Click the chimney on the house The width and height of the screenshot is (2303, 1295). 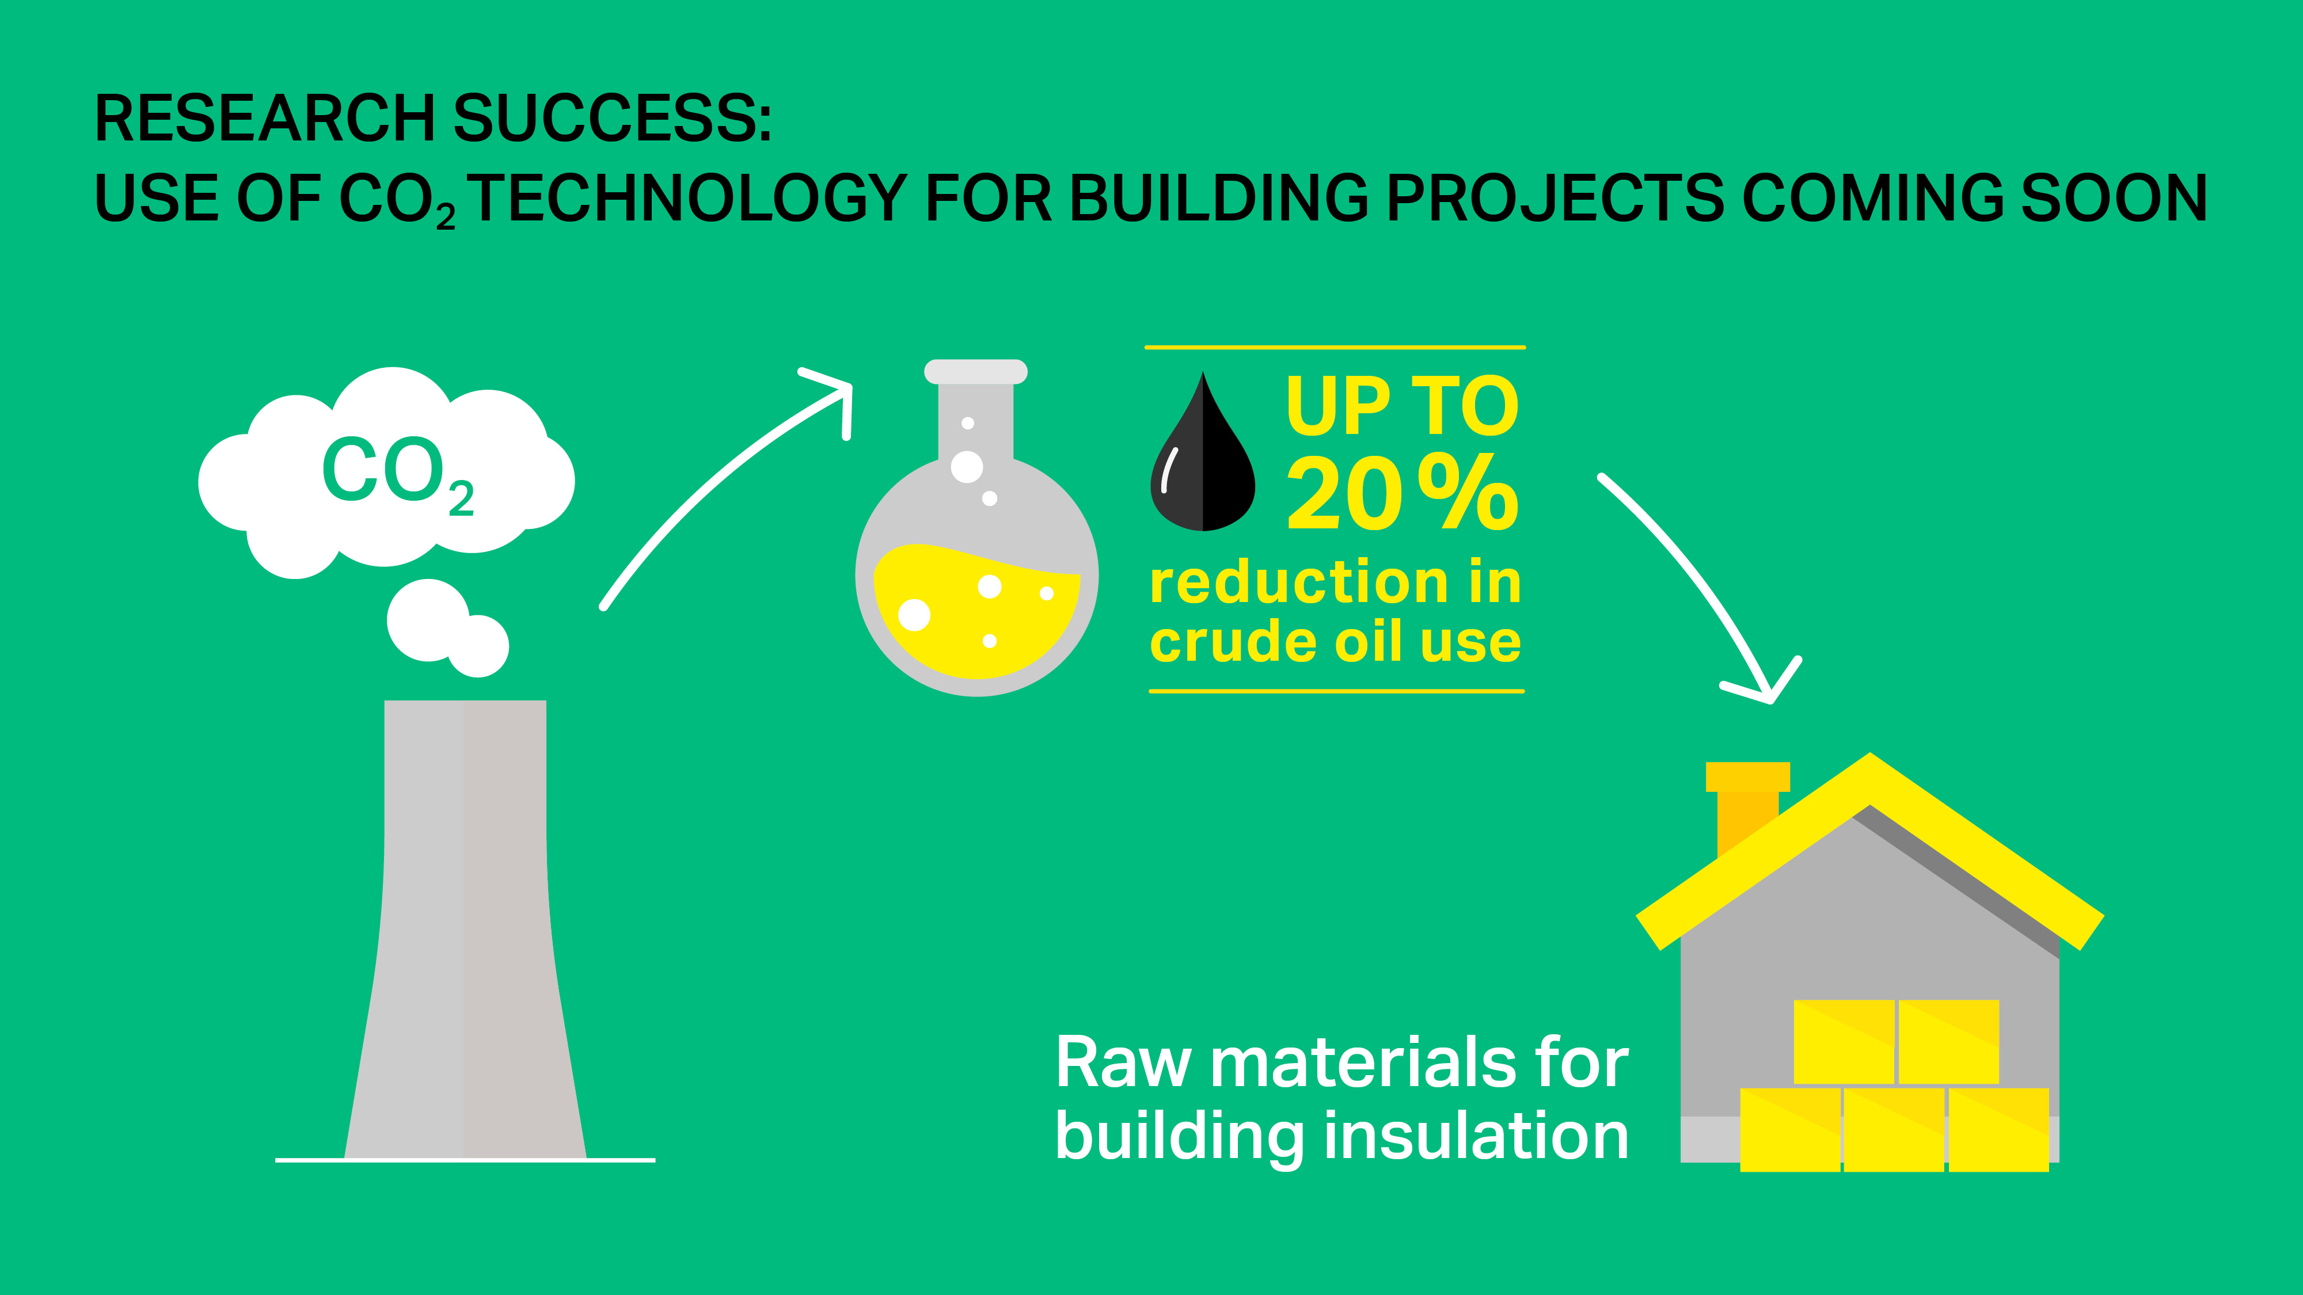coord(1746,805)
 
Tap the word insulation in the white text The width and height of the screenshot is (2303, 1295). coord(1475,1137)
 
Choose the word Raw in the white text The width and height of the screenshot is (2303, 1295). coord(1123,1064)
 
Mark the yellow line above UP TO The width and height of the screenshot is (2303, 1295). coord(1335,346)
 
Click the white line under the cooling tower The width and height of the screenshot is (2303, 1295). coord(465,1160)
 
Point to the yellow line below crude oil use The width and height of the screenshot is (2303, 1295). coord(1336,691)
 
